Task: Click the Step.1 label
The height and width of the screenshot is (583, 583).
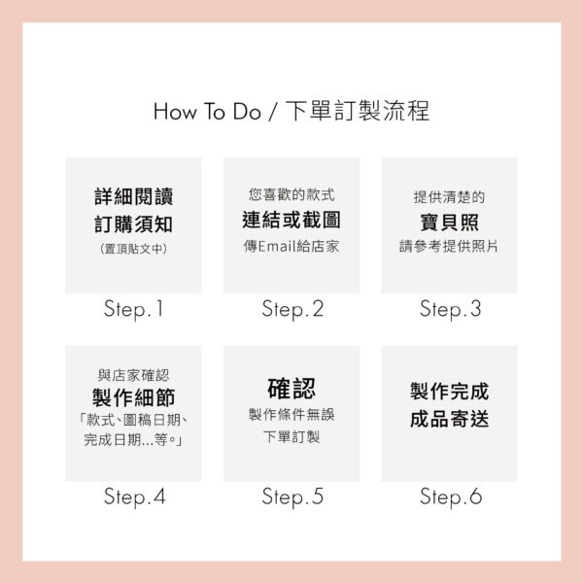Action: pos(133,309)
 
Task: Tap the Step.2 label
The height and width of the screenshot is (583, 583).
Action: pos(292,309)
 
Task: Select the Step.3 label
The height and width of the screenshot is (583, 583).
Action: pos(450,309)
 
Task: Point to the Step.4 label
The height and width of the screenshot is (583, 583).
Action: pos(135,497)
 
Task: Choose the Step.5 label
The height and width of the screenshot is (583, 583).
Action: pos(292,497)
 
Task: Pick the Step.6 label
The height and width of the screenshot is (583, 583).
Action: pos(451,497)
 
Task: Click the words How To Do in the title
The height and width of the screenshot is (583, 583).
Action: pos(207,111)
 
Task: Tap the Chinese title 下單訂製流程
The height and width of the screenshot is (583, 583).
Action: pos(358,111)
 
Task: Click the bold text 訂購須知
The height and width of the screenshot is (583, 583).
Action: pos(133,224)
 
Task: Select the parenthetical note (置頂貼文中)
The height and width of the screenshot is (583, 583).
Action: pos(133,249)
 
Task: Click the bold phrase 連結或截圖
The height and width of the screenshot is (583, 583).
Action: pos(291,220)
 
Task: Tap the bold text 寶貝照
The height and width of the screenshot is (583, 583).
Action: pos(449,222)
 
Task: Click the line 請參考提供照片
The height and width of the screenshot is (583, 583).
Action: pos(449,246)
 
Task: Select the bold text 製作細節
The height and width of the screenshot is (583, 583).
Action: pos(133,397)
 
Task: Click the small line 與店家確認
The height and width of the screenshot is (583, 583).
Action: pos(133,375)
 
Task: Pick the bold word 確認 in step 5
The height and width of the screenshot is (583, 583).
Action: pos(291,389)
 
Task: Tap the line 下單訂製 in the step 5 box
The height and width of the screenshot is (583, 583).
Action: pos(291,437)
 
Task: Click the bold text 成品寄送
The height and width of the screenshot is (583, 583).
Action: pos(449,419)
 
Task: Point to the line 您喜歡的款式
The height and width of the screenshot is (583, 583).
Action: pos(291,194)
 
